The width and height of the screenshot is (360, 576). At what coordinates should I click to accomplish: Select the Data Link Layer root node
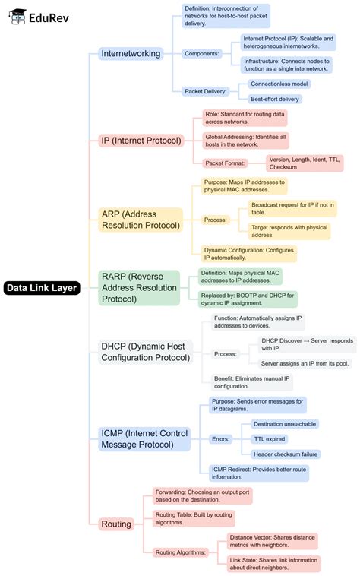(x=41, y=288)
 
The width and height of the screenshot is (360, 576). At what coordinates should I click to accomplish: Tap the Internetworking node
(x=131, y=53)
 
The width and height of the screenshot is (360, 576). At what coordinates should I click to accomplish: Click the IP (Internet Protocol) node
(x=141, y=141)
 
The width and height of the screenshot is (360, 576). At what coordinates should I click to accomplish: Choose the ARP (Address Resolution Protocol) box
(x=141, y=219)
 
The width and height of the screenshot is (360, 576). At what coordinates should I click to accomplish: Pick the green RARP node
(x=138, y=288)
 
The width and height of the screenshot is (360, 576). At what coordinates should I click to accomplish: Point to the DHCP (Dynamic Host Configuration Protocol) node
(x=145, y=352)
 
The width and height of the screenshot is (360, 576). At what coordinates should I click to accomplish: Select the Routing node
(x=116, y=524)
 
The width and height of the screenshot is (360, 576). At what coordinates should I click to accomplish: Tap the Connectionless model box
(x=279, y=84)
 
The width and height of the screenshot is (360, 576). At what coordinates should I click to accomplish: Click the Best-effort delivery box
(x=275, y=99)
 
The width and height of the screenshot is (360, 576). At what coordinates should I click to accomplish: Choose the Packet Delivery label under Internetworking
(x=206, y=91)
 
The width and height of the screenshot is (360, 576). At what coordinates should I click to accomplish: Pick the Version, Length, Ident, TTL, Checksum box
(x=304, y=163)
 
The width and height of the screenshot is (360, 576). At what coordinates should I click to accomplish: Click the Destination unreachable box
(x=286, y=423)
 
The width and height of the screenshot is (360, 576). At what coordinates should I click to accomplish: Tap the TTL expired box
(x=270, y=438)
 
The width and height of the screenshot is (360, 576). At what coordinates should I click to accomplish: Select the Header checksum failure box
(x=286, y=454)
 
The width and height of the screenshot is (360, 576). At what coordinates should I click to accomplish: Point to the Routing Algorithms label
(x=180, y=552)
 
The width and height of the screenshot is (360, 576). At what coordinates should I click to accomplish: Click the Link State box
(x=273, y=564)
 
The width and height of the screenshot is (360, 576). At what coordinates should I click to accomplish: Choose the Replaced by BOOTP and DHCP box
(x=248, y=299)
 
